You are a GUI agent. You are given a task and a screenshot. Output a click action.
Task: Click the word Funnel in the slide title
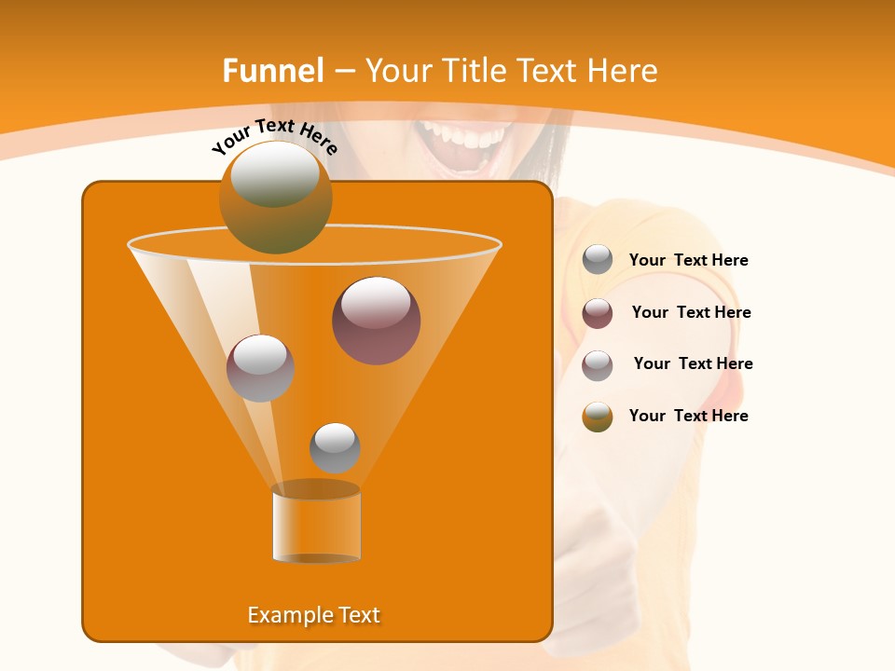tap(272, 71)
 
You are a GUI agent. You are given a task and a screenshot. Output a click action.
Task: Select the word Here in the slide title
tap(622, 71)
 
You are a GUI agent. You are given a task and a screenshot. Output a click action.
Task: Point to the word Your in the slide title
tap(397, 71)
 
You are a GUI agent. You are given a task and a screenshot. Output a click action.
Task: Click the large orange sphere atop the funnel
tap(275, 197)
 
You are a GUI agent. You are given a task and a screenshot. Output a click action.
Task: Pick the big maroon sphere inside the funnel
tap(376, 321)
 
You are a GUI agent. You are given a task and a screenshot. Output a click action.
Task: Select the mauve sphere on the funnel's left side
tap(260, 368)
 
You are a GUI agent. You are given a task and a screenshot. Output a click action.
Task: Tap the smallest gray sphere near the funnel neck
tap(335, 447)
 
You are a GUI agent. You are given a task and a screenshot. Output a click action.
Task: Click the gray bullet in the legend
tap(598, 260)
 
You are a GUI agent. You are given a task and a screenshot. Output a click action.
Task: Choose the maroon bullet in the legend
tap(598, 313)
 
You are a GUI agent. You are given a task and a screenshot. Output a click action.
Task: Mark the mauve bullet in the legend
tap(598, 365)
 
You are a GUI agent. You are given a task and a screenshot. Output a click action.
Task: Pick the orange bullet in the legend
tap(598, 417)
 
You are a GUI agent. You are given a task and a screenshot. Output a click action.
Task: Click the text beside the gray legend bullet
tap(688, 261)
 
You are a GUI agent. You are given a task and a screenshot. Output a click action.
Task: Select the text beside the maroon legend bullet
tap(691, 313)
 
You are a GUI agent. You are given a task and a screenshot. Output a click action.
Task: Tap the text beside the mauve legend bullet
tap(693, 364)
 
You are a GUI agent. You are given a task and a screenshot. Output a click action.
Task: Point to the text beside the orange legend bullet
tap(688, 417)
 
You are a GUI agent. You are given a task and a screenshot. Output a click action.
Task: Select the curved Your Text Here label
tap(274, 136)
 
